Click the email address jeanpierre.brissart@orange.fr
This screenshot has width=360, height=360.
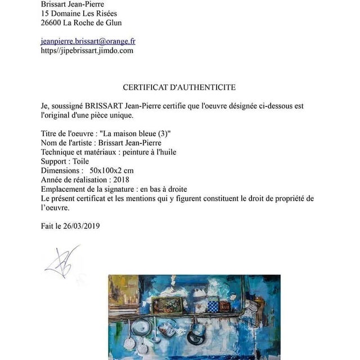tap(88, 41)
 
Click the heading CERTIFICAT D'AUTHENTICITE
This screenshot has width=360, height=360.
tap(179, 87)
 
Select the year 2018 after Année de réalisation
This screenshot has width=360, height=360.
tap(121, 179)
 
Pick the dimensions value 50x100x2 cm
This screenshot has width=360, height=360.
tap(111, 170)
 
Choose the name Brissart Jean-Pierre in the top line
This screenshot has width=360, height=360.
tap(72, 4)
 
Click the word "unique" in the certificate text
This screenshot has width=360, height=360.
tap(123, 115)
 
